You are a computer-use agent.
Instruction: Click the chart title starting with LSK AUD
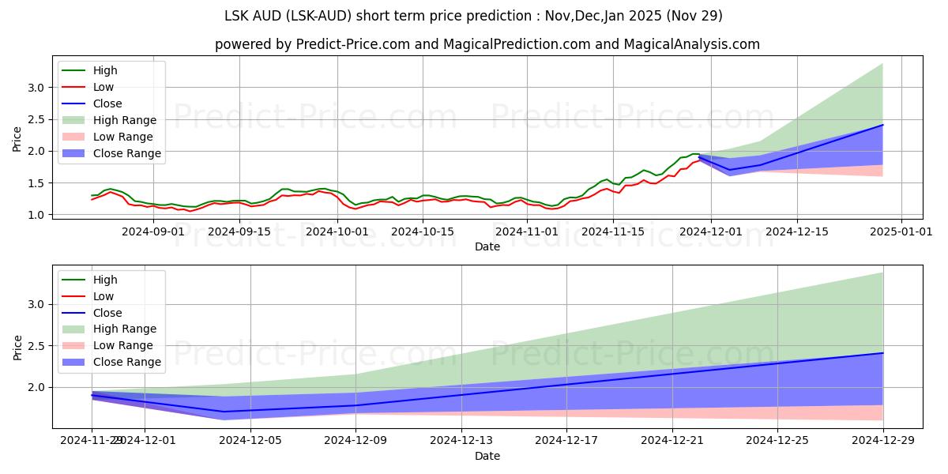click(x=474, y=16)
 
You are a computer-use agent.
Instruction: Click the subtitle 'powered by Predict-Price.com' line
click(x=487, y=44)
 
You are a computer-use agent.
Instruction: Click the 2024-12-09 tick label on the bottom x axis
click(x=355, y=441)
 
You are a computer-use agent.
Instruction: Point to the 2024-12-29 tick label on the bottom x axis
click(x=882, y=441)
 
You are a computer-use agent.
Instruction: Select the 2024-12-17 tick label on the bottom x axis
click(x=566, y=441)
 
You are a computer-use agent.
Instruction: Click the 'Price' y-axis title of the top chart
click(x=17, y=139)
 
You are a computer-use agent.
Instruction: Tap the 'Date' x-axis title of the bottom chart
click(x=487, y=456)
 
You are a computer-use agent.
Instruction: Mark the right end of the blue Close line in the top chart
click(x=882, y=125)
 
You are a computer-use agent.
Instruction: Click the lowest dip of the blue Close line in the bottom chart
click(x=224, y=412)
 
